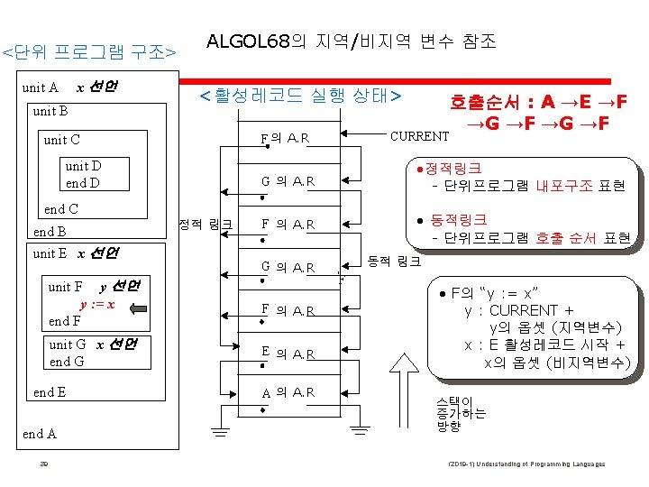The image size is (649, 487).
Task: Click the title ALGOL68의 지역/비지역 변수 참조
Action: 351,41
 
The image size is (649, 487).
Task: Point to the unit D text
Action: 83,167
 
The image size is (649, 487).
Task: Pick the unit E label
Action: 51,253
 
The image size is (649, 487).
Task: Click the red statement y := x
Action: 96,305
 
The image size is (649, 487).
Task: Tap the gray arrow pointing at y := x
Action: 138,307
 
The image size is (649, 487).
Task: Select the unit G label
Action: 68,345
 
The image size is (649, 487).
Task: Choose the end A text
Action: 40,434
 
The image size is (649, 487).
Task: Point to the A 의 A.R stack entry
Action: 287,393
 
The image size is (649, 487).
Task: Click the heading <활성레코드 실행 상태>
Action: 299,94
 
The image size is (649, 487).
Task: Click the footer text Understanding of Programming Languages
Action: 540,464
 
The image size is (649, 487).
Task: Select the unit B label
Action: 50,112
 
